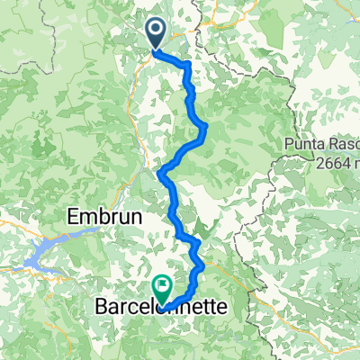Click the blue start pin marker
(x=156, y=34)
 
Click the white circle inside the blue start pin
(x=156, y=31)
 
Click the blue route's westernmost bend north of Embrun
(x=160, y=172)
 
